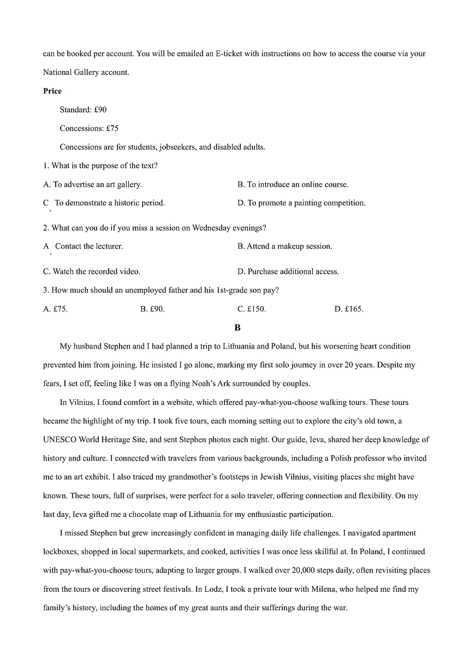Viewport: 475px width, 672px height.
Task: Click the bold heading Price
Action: click(x=52, y=91)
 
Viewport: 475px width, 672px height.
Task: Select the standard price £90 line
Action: click(x=83, y=110)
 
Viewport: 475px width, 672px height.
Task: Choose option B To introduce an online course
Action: click(x=293, y=185)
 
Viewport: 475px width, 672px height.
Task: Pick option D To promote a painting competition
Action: click(x=301, y=203)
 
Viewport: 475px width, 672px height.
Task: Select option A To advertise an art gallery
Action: click(x=92, y=185)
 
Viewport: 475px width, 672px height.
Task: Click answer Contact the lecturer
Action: click(x=88, y=246)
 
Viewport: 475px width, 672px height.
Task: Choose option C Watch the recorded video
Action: click(x=92, y=272)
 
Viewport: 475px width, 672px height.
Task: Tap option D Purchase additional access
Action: click(x=288, y=272)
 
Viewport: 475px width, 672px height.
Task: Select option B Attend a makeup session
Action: click(x=284, y=246)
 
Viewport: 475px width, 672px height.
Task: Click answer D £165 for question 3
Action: click(x=348, y=309)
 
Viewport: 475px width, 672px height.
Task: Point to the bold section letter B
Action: click(x=238, y=328)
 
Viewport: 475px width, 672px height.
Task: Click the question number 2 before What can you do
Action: click(x=45, y=228)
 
